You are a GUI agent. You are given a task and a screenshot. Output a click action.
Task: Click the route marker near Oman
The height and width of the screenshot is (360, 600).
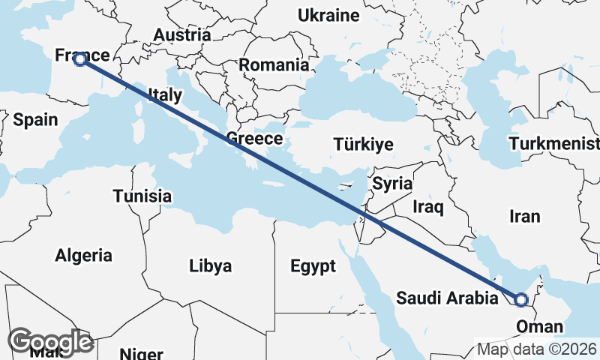click(x=520, y=300)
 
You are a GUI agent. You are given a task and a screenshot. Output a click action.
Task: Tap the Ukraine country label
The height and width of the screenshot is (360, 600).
click(x=328, y=15)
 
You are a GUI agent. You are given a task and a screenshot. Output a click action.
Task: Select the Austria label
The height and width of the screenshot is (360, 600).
click(x=181, y=34)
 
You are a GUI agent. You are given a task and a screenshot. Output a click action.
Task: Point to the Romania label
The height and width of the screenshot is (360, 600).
click(x=274, y=64)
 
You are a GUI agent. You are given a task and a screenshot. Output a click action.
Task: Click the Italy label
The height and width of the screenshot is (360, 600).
click(x=165, y=94)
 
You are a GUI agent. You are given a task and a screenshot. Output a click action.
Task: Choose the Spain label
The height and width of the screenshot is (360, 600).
click(x=35, y=118)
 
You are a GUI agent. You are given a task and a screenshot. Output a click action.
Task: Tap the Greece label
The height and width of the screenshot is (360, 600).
click(x=254, y=139)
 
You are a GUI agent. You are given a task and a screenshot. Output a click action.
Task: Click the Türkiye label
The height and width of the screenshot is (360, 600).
click(x=363, y=145)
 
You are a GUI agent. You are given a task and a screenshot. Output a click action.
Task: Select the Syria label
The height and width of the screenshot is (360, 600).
click(x=392, y=183)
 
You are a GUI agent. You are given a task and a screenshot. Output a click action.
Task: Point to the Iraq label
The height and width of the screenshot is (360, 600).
click(x=429, y=205)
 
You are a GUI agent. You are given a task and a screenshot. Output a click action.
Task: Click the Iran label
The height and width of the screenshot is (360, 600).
click(x=524, y=216)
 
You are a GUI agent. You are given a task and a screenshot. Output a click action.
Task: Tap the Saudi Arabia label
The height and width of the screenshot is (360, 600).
click(x=447, y=298)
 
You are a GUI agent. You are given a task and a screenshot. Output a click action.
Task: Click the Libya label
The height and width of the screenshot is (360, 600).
click(x=210, y=265)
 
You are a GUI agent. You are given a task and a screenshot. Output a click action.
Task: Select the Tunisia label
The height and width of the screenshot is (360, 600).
click(x=142, y=196)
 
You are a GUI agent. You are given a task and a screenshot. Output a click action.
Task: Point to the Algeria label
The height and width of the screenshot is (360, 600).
click(x=83, y=255)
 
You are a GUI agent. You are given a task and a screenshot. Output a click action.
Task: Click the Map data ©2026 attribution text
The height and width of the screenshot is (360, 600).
click(x=536, y=349)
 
